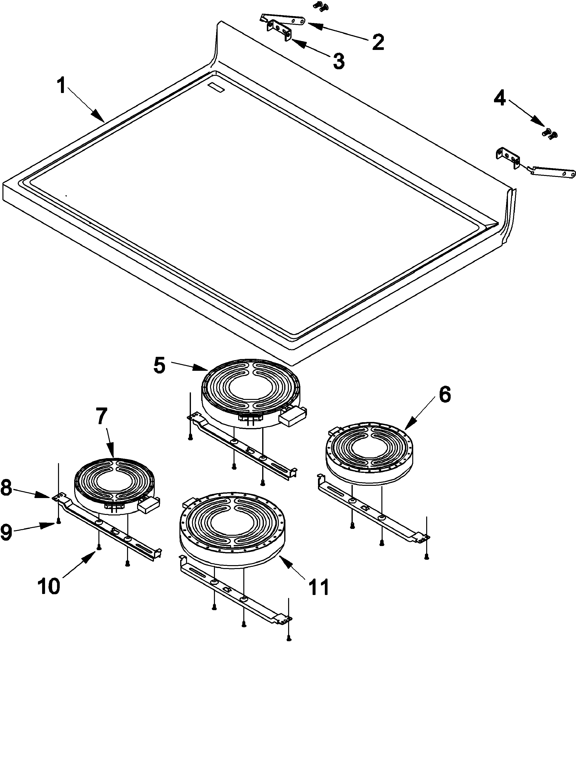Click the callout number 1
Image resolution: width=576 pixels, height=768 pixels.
coord(61,85)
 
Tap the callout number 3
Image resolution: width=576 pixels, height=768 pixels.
coord(339,61)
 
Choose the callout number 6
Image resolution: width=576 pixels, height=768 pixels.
coord(445,395)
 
